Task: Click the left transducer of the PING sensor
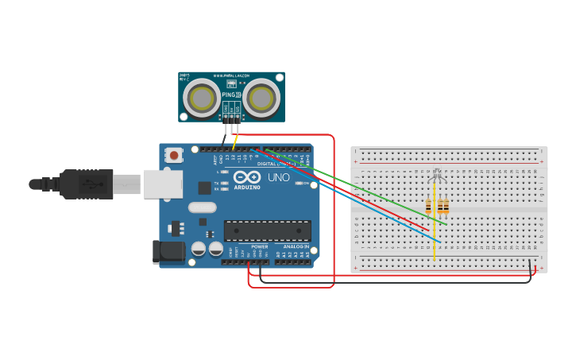pos(202,99)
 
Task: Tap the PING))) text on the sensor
pos(231,95)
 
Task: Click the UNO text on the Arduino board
pos(279,177)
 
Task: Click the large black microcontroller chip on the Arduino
pos(267,230)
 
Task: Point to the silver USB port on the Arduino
pos(163,184)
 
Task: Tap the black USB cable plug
pos(87,184)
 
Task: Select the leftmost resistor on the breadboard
pos(429,207)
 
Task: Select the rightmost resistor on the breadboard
pos(445,207)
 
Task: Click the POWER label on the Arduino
pos(260,246)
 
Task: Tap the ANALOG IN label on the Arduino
pos(296,246)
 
